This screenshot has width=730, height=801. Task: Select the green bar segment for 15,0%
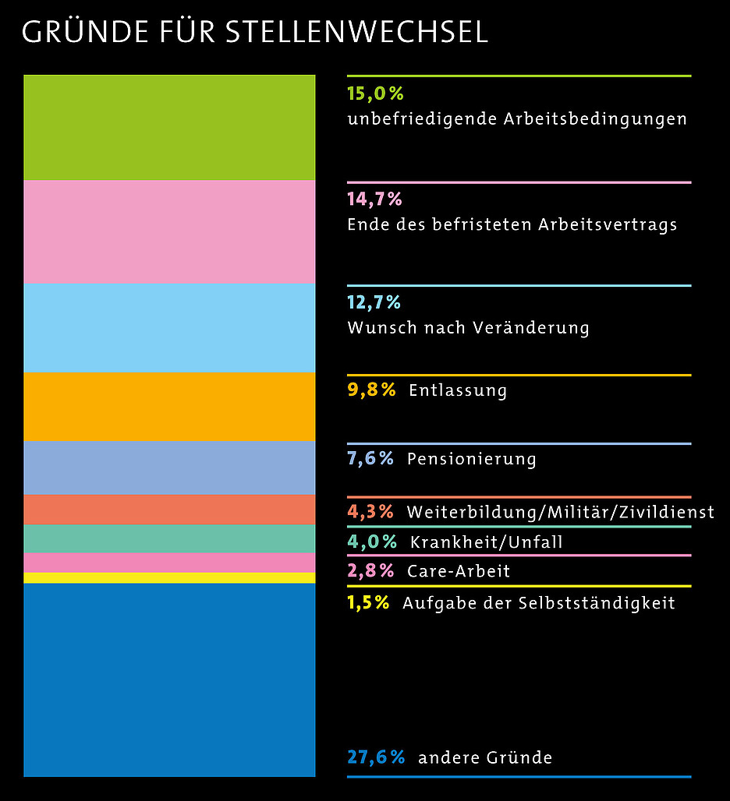tap(169, 128)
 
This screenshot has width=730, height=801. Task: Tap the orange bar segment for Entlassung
tap(169, 406)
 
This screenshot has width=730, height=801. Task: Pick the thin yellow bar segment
tap(169, 577)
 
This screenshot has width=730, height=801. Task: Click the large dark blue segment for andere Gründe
tap(169, 679)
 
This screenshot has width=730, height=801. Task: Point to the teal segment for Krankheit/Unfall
tap(169, 538)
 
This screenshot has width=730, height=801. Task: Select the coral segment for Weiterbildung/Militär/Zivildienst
tap(169, 510)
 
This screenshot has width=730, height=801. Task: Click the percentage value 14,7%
tap(374, 199)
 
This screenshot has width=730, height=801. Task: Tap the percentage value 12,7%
tap(374, 302)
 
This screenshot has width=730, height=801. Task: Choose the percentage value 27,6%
tap(376, 757)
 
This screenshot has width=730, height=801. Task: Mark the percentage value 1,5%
tap(368, 602)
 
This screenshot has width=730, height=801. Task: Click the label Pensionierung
tap(471, 459)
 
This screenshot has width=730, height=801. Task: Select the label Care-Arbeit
tap(459, 571)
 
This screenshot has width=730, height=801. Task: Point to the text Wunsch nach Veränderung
tap(468, 327)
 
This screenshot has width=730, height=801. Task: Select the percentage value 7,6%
tap(370, 458)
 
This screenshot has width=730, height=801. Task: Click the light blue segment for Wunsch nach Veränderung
tap(169, 327)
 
